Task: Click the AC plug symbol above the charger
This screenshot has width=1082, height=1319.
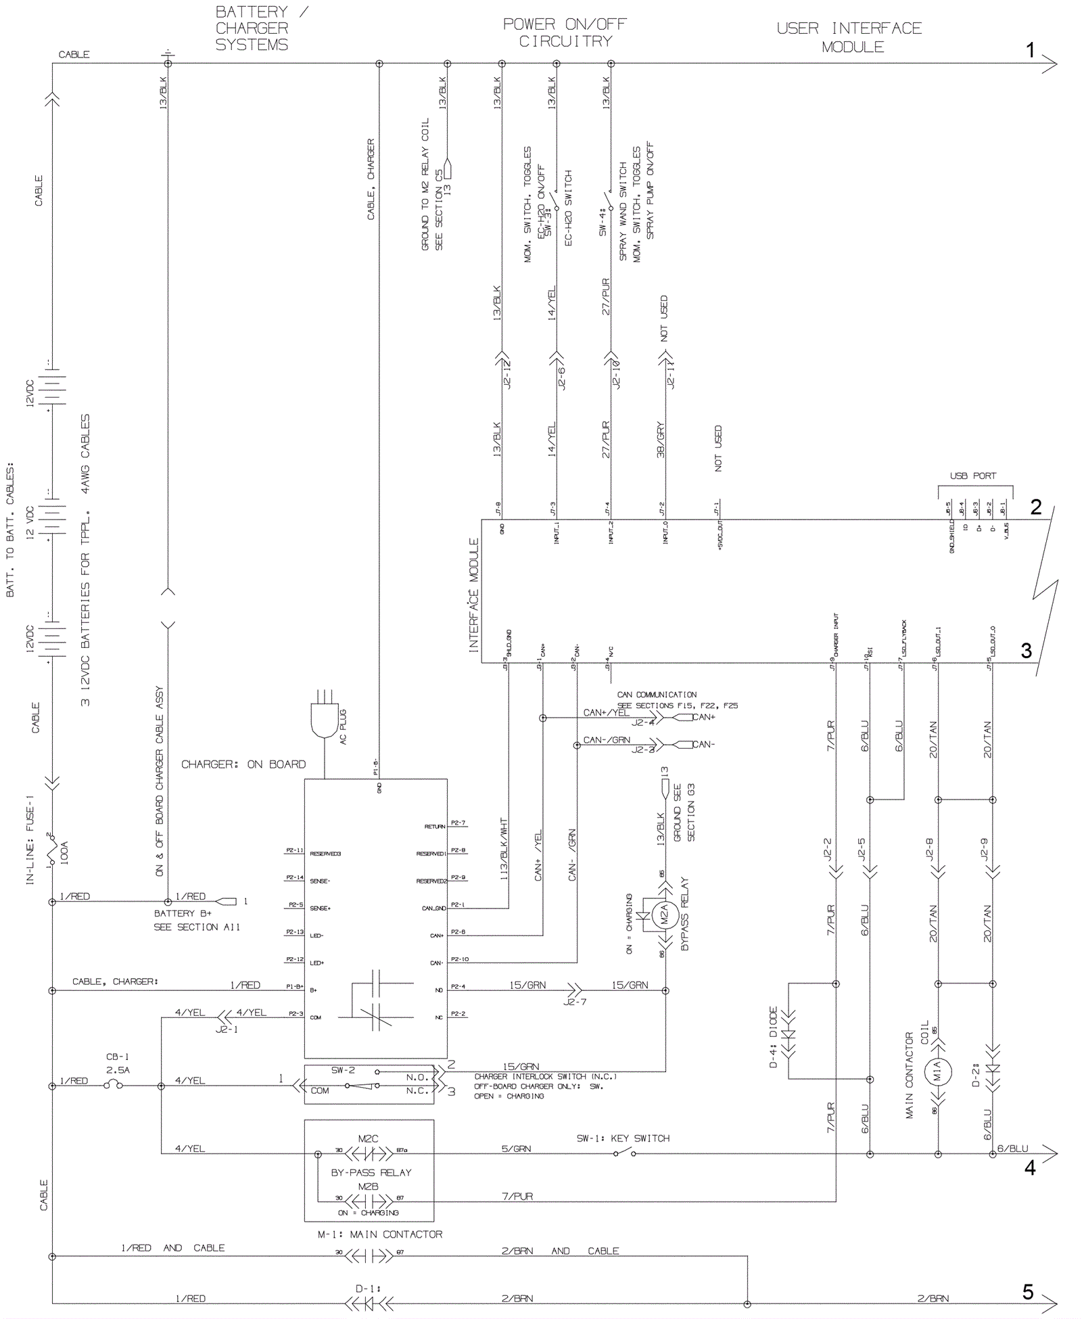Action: (x=324, y=717)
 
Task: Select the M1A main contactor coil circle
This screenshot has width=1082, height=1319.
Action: (x=938, y=1071)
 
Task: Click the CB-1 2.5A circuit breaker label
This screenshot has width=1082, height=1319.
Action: (x=118, y=1063)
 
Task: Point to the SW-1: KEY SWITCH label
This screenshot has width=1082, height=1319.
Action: (x=623, y=1138)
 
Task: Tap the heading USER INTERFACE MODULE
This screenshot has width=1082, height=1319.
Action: (x=849, y=38)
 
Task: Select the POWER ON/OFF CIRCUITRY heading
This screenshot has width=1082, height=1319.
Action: (x=565, y=32)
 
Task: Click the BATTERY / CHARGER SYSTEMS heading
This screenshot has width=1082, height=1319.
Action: (x=252, y=28)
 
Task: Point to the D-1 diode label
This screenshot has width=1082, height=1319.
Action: (x=369, y=1289)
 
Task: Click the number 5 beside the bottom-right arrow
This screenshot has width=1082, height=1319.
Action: (x=1028, y=1293)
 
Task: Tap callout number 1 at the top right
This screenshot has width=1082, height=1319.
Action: (x=1030, y=50)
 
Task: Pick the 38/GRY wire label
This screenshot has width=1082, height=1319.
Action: (x=661, y=440)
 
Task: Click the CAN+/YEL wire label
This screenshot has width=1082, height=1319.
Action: (x=606, y=712)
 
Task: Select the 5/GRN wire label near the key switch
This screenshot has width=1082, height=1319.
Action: (x=516, y=1149)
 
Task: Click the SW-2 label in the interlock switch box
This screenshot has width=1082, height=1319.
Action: (x=343, y=1070)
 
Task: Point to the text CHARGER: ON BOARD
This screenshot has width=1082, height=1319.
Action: (x=243, y=764)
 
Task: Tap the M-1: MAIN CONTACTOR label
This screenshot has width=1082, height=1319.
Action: (x=380, y=1234)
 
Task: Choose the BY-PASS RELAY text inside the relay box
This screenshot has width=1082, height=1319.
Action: (x=371, y=1172)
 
